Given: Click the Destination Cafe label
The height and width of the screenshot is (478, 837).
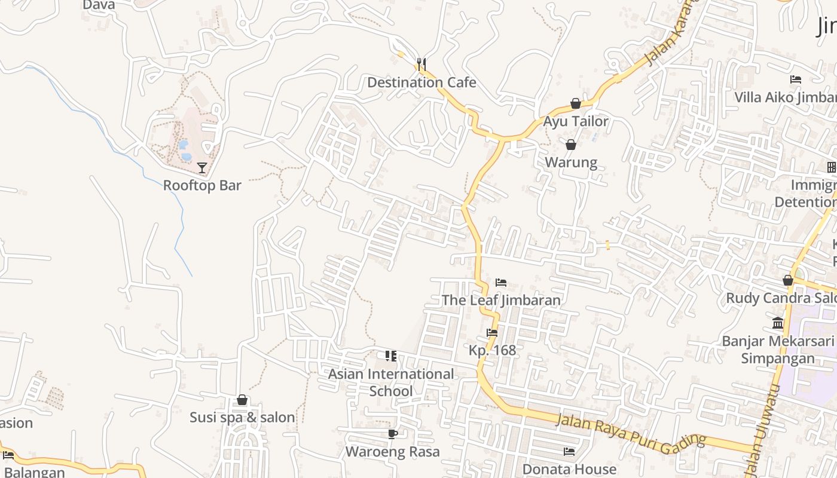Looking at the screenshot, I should coord(421,82).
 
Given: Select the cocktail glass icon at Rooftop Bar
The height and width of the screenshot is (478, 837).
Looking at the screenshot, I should coord(202,167).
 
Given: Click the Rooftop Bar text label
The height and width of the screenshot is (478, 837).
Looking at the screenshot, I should coord(202,185).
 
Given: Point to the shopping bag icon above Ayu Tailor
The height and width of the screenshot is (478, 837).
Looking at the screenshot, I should coord(575,103).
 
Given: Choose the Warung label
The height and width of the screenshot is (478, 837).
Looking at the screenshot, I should coord(571,163).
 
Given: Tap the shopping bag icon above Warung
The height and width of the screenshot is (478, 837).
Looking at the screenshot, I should coord(571,144).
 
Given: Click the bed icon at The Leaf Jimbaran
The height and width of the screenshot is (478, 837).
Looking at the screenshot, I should coord(501,282).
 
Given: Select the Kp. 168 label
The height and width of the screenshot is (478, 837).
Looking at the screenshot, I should coord(492,350).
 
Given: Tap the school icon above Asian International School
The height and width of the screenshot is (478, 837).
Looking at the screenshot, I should coord(391,356).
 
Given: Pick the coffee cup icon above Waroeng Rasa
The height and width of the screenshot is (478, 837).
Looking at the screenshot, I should coord(392,433).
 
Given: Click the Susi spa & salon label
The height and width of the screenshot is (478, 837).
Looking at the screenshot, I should coord(242,418).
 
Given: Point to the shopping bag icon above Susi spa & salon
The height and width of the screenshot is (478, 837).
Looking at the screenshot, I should coord(242,400).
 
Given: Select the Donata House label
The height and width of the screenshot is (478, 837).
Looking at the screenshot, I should coord(569,469).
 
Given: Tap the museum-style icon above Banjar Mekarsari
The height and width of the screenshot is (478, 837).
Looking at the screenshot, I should coord(778,323).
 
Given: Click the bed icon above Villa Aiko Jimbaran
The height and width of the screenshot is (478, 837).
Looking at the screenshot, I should coord(795,79).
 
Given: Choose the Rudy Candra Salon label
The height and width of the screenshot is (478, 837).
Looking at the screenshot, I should coord(781,298).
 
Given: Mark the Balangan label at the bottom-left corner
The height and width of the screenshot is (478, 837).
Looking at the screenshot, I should coord(32,472).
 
